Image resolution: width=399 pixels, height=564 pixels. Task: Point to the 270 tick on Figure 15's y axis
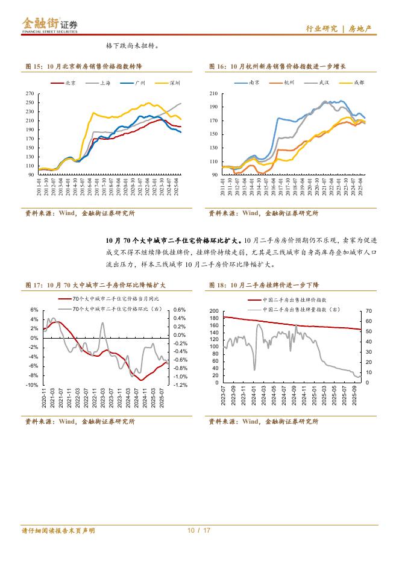(30, 94)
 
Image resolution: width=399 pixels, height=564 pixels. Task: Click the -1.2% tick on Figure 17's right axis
(180, 384)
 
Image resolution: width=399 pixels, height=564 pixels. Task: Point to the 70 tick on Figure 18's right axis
(369, 311)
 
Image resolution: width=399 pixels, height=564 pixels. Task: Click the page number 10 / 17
(199, 531)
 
